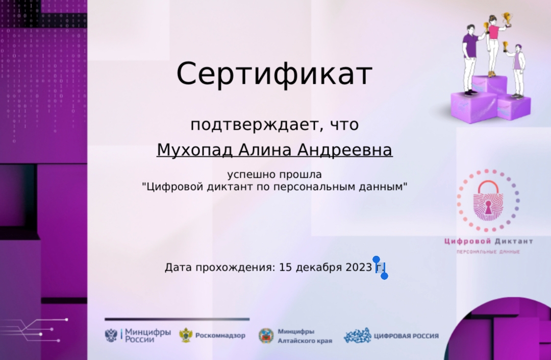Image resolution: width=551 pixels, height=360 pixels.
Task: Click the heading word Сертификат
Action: tap(274, 74)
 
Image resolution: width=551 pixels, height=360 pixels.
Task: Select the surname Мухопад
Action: tap(194, 150)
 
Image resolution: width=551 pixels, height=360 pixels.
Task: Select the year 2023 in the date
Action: tap(359, 267)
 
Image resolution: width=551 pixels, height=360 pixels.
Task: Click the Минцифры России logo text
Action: tap(148, 335)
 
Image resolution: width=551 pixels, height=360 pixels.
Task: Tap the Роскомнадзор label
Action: tap(220, 335)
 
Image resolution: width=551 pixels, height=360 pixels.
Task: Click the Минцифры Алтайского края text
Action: tap(305, 335)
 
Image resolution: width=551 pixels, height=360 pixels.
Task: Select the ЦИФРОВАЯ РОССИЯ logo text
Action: tap(406, 335)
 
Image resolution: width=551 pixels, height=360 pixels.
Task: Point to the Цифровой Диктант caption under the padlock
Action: tap(488, 241)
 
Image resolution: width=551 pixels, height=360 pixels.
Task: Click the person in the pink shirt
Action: tap(493, 46)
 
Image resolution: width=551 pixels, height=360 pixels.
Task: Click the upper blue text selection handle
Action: tap(377, 260)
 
